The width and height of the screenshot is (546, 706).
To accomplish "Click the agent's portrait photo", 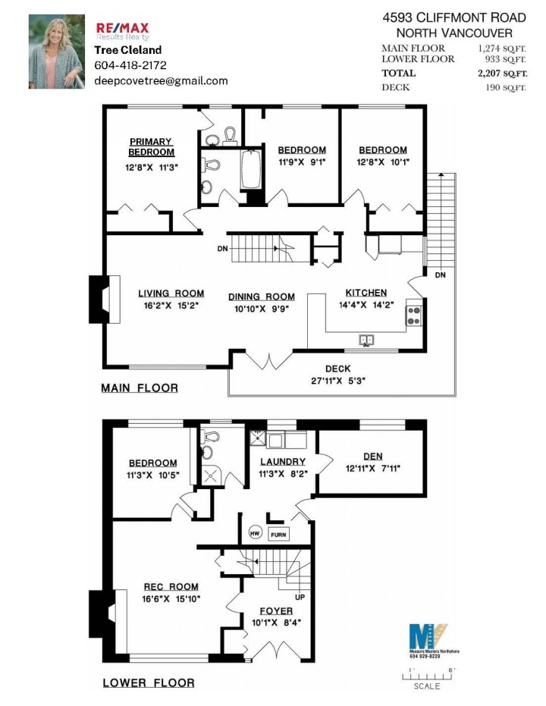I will (57, 52).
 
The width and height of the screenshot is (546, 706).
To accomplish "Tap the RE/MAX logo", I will (122, 30).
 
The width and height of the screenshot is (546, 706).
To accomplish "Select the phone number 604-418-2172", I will (130, 65).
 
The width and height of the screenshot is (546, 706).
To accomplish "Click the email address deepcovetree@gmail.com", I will (161, 80).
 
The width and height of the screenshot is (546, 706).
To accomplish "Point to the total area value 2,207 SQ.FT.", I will (501, 73).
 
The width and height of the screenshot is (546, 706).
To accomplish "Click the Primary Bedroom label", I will (152, 146).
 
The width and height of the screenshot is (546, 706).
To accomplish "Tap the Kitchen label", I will (366, 293).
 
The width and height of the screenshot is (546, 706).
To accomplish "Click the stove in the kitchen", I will (414, 312).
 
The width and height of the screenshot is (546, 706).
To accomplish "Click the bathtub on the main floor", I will (250, 171).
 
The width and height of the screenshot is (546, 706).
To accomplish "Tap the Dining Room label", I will (262, 297).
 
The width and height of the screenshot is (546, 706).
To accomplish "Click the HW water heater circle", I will (256, 533).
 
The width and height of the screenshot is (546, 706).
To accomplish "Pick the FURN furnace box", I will (278, 534).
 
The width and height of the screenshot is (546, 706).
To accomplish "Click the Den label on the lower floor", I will (373, 456).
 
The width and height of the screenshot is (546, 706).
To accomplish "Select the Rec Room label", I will (171, 586).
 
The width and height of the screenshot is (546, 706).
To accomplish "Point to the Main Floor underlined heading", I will (140, 388).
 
